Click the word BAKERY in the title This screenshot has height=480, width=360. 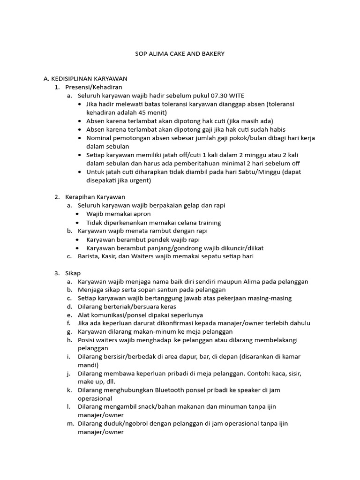[214, 54]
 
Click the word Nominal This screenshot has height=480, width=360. [99, 138]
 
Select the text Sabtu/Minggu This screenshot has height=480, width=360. [260, 172]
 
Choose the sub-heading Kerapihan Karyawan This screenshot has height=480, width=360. [95, 197]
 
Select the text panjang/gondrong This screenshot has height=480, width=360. [168, 247]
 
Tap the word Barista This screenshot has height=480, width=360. [89, 256]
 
